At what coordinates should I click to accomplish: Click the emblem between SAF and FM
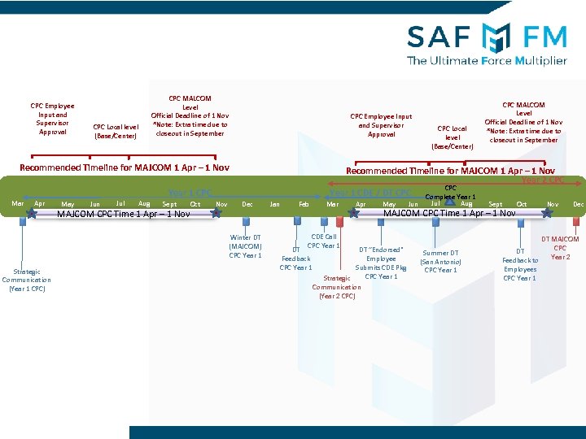click(x=496, y=37)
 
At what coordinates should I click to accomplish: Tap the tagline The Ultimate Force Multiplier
click(x=487, y=60)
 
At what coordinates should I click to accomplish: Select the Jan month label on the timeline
click(x=274, y=204)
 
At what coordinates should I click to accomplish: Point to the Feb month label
click(x=304, y=204)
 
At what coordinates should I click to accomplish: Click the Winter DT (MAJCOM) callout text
click(x=245, y=246)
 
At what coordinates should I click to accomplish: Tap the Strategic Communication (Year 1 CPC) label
click(x=26, y=280)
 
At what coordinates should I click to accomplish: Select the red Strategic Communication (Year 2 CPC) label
click(x=336, y=287)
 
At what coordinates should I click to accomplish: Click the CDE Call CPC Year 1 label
click(x=323, y=241)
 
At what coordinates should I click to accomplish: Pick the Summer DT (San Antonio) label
click(x=440, y=261)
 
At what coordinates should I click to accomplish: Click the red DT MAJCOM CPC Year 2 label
click(x=560, y=248)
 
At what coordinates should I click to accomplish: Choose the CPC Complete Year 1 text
click(x=451, y=192)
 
